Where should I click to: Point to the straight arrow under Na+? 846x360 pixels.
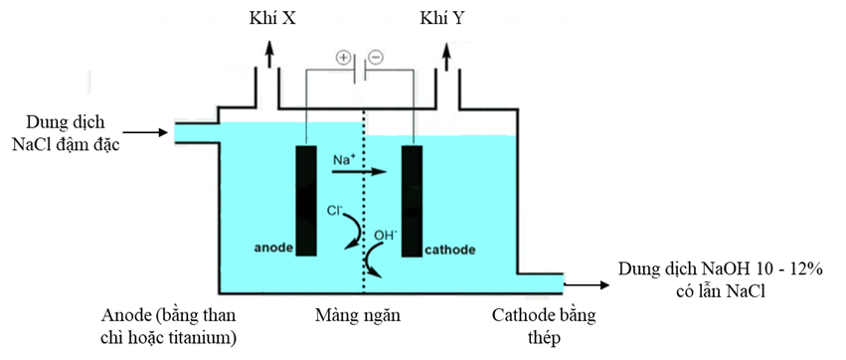(x=357, y=172)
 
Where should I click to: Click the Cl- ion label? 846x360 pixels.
(x=335, y=212)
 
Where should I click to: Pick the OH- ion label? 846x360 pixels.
(x=386, y=236)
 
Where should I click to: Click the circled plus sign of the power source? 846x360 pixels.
(x=343, y=59)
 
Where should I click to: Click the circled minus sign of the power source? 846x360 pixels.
(x=376, y=58)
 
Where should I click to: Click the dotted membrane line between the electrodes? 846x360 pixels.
(x=365, y=199)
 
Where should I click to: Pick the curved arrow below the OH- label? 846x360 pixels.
(x=373, y=263)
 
